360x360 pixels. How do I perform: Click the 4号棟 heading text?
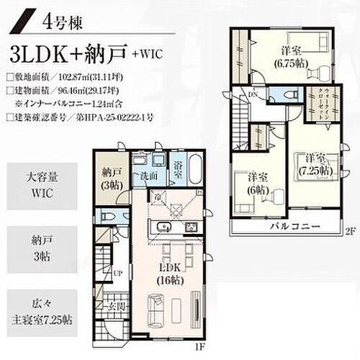tap(63, 22)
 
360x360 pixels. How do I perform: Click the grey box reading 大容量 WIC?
tap(40, 184)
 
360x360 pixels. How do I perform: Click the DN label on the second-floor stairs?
tap(254, 95)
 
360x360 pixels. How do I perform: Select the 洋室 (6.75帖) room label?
tap(293, 55)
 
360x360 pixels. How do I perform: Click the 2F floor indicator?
tap(350, 231)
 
